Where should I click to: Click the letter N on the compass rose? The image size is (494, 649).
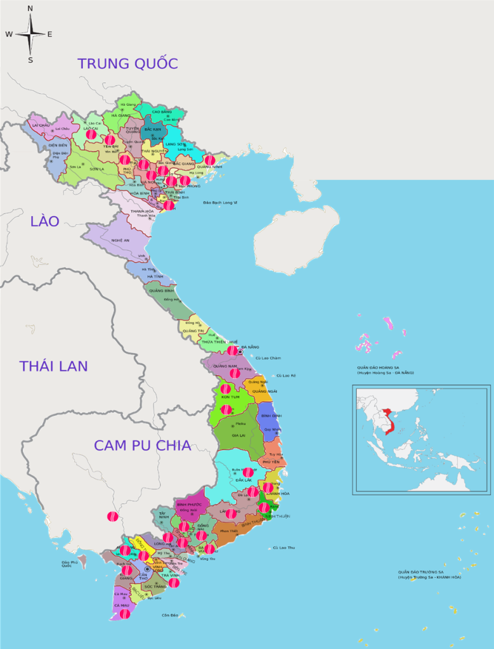click(30, 8)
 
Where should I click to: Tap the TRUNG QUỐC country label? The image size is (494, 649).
click(127, 63)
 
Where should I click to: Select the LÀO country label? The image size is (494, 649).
click(44, 221)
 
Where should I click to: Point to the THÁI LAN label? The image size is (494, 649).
click(53, 366)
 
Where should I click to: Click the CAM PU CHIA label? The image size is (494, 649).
click(142, 445)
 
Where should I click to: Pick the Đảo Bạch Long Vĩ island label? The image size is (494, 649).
click(220, 202)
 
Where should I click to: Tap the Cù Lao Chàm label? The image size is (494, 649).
click(268, 358)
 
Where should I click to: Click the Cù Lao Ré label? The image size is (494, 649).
click(285, 376)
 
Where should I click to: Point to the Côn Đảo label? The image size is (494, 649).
click(170, 615)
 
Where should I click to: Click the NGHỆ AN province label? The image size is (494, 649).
click(120, 240)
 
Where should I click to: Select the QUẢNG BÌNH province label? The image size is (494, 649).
click(162, 291)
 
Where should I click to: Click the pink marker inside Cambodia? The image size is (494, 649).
click(113, 517)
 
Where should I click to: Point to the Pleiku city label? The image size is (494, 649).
click(240, 423)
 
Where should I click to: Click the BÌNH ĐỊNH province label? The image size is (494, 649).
click(271, 416)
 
